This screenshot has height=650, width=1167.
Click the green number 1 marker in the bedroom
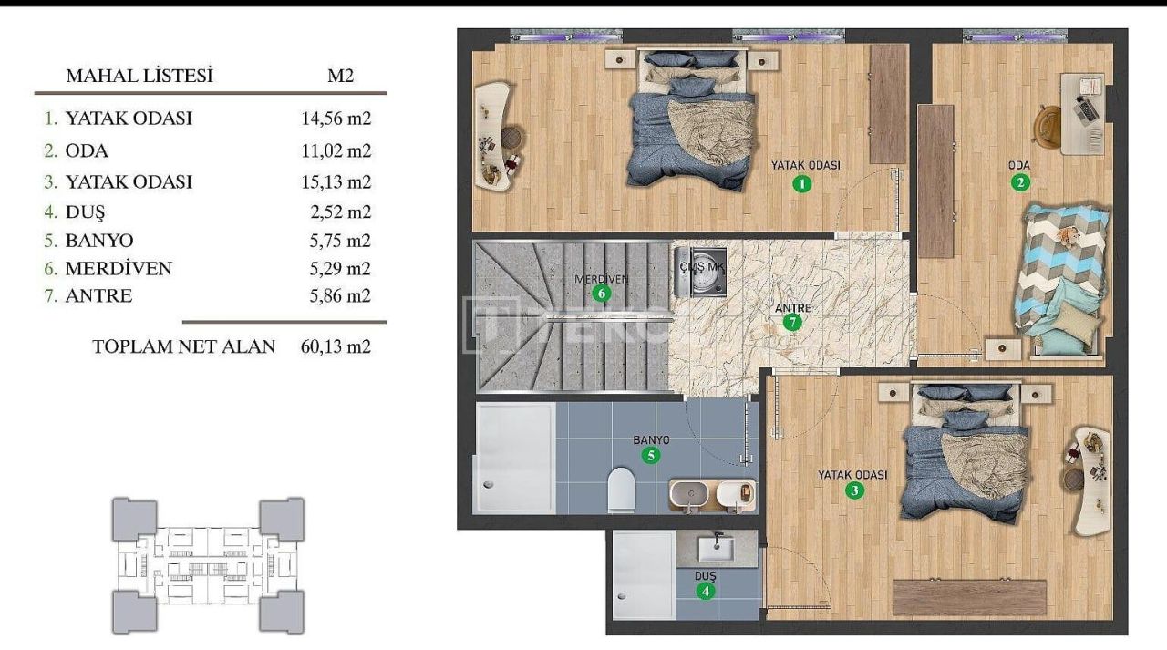coord(801,183)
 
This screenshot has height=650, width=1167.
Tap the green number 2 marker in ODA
coord(1020,182)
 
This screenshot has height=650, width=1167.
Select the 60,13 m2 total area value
coord(336,347)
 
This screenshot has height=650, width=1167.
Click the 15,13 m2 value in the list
coord(336,181)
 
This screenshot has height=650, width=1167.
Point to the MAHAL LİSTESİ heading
coord(139,77)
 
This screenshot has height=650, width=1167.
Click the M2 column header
coord(340,77)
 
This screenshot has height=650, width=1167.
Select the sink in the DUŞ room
coord(718,549)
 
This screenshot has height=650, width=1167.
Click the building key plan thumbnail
coord(208,565)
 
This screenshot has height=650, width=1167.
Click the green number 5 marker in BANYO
coord(650,455)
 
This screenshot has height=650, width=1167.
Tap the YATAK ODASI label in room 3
coord(852,475)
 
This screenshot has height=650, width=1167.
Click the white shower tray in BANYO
coord(514,458)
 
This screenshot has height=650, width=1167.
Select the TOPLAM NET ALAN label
coord(183,347)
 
